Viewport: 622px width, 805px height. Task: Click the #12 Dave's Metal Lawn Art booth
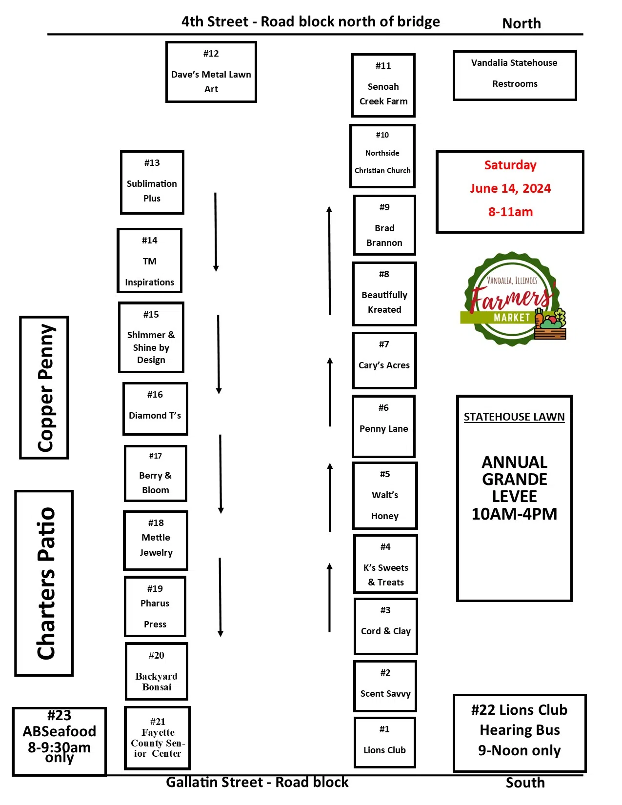[x=211, y=72]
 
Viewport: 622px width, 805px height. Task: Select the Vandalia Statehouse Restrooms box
[x=514, y=76]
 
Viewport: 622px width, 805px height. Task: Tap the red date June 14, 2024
[x=510, y=189]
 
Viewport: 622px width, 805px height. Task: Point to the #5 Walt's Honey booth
[x=384, y=495]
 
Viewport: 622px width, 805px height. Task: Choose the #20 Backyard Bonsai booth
[x=157, y=671]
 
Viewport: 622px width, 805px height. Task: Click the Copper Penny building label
[x=44, y=388]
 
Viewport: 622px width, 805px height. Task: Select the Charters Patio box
[x=44, y=583]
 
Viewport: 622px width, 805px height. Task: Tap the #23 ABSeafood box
[x=59, y=741]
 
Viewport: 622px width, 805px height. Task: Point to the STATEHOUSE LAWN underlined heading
[x=514, y=417]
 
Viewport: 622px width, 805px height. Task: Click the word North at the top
[x=522, y=23]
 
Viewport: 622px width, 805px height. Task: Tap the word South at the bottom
[x=525, y=783]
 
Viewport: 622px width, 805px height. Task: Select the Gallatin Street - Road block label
[x=257, y=783]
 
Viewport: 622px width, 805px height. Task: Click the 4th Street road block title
[x=311, y=22]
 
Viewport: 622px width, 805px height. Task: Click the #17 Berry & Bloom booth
[x=156, y=474]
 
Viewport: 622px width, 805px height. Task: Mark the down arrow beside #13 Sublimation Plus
[x=216, y=232]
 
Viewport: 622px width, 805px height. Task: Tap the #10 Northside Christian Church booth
[x=382, y=156]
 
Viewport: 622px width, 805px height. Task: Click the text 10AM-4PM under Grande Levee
[x=514, y=514]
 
